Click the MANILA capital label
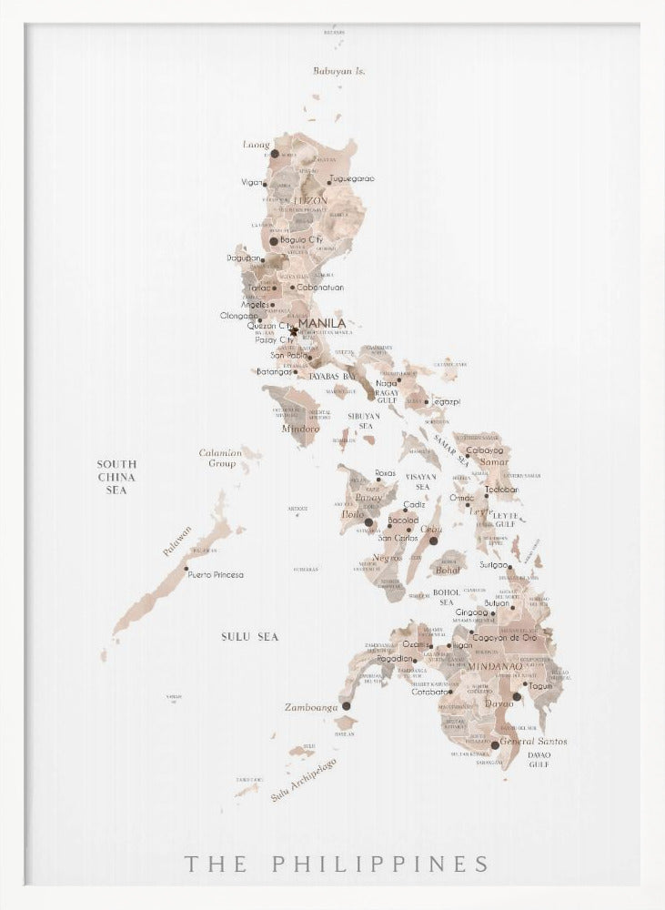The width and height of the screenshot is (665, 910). pos(322,323)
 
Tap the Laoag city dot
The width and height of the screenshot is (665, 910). pos(275,155)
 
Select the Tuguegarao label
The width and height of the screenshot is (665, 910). pos(353,179)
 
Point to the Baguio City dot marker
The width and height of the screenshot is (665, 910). pos(273,241)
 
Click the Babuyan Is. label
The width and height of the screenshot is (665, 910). pos(339,70)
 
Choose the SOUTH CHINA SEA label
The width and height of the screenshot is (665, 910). pos(116,477)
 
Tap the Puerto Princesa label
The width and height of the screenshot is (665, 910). pos(217,575)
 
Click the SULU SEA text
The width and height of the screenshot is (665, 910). pos(249,637)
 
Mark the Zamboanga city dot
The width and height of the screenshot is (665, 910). pos(346,705)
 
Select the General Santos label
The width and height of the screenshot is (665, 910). pos(534,742)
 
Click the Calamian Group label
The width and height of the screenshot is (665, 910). pos(221,458)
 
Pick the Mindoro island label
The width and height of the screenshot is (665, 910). pos(301,428)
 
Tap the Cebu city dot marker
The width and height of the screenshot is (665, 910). pos(433,541)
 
